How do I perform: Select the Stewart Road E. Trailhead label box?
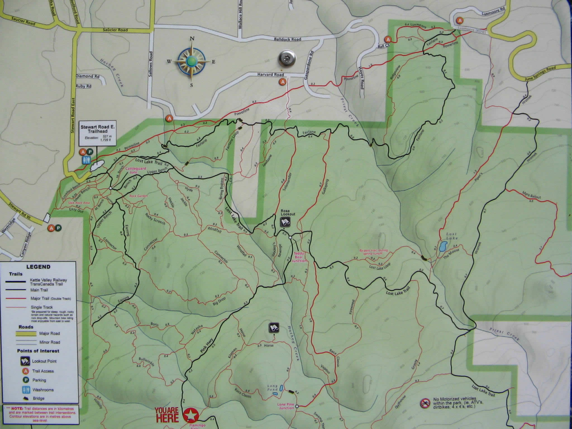(x=97, y=133)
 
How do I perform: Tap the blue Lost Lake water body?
(x=443, y=247)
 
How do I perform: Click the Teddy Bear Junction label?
(x=299, y=257)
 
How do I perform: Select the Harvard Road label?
(x=270, y=75)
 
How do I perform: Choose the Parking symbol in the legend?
(x=25, y=380)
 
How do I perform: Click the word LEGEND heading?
(x=38, y=267)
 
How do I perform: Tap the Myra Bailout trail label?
(x=532, y=195)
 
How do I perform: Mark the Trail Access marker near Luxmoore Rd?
(x=459, y=20)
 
